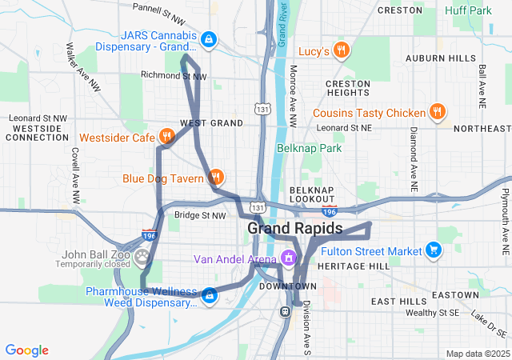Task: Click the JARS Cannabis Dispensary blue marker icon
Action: pyautogui.click(x=209, y=39)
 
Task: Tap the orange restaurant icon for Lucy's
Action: pyautogui.click(x=342, y=50)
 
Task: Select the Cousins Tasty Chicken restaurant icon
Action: pyautogui.click(x=437, y=112)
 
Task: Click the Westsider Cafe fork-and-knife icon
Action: pyautogui.click(x=166, y=137)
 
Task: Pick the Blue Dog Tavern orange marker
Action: pyautogui.click(x=214, y=177)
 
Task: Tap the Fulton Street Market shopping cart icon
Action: pyautogui.click(x=434, y=250)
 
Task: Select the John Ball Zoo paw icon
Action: pyautogui.click(x=142, y=257)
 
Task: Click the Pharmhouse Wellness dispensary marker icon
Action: pyautogui.click(x=209, y=296)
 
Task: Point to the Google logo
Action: pyautogui.click(x=27, y=350)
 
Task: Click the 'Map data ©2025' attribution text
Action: pyautogui.click(x=477, y=354)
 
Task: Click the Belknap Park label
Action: pyautogui.click(x=309, y=148)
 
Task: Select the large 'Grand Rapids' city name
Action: pyautogui.click(x=294, y=228)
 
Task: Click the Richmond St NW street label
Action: pyautogui.click(x=174, y=76)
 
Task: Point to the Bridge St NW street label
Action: pyautogui.click(x=201, y=215)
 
